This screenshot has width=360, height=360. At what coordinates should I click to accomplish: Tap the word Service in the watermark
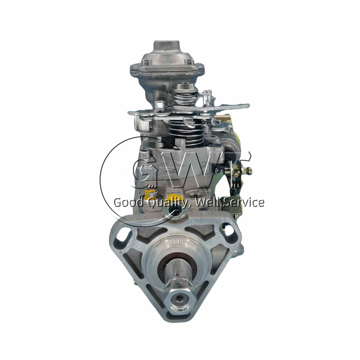(243, 202)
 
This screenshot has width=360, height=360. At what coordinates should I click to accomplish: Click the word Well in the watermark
(211, 202)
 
